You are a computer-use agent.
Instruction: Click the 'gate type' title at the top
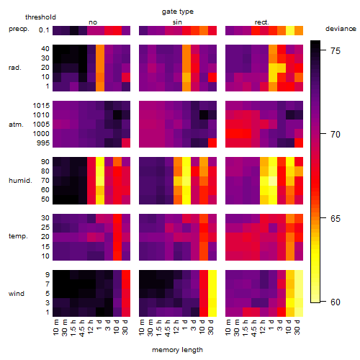(x=178, y=12)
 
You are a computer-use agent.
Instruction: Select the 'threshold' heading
(x=40, y=17)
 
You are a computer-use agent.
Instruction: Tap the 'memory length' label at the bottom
(x=177, y=350)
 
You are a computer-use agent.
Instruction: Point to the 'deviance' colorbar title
(x=341, y=29)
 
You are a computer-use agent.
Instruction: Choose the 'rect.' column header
(x=261, y=22)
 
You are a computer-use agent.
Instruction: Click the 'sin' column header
(x=177, y=22)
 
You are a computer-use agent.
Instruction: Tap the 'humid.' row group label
(x=20, y=181)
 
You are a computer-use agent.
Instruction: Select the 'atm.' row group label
(x=16, y=125)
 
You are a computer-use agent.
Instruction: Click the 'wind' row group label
(x=17, y=294)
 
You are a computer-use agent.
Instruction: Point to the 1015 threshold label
(x=41, y=106)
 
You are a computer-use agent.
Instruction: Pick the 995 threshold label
(x=43, y=143)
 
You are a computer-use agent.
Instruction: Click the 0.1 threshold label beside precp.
(x=44, y=30)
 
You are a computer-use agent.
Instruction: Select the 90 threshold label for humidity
(x=45, y=162)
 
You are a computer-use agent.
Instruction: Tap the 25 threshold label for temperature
(x=45, y=228)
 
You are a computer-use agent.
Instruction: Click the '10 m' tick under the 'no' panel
(x=55, y=327)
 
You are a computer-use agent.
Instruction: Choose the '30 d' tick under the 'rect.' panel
(x=297, y=327)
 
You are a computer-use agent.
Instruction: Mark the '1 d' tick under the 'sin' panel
(x=185, y=325)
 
